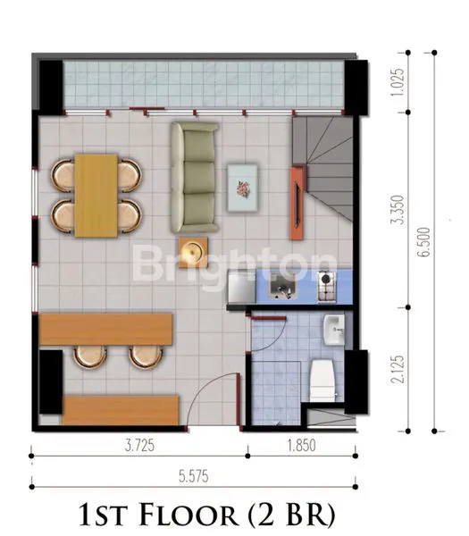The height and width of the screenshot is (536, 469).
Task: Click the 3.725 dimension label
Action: [135, 444]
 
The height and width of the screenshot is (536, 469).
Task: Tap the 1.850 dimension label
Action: [301, 444]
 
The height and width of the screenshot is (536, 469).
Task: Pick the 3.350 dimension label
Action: [398, 211]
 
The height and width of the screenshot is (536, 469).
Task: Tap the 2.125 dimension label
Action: [398, 367]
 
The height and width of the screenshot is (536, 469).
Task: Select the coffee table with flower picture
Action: [244, 187]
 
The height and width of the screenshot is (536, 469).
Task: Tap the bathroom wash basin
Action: [333, 328]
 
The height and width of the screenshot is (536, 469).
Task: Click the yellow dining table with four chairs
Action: [96, 194]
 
